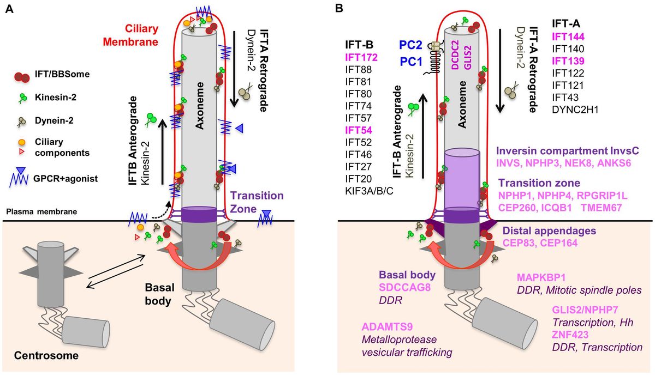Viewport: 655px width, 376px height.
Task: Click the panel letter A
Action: pos(9,9)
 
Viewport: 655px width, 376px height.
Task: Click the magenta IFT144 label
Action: pos(568,37)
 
